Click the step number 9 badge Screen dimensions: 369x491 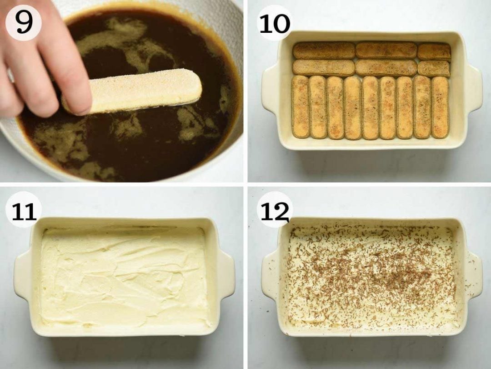coord(23,22)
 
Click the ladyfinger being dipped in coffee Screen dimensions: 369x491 coord(136,91)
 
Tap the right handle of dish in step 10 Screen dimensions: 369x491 coord(473,89)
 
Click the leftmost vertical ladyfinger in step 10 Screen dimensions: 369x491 coord(300,107)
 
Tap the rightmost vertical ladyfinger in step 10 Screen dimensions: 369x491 coord(440,107)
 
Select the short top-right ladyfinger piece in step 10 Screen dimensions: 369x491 coord(434,51)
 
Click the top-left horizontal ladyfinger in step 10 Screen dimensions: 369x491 coord(324,51)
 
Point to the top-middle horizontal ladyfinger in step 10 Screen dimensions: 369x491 coord(386,50)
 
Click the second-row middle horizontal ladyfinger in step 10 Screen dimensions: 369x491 coord(386,68)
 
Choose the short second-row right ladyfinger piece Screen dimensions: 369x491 coord(433,69)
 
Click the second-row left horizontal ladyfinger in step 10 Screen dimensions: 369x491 coord(324,67)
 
